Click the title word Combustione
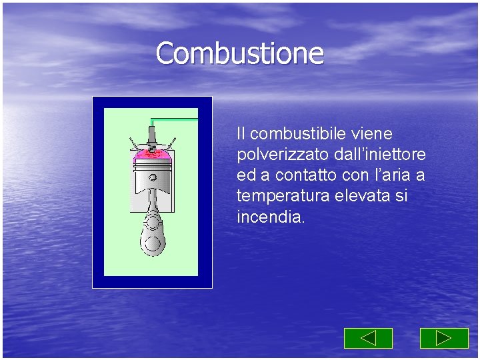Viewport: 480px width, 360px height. pyautogui.click(x=239, y=53)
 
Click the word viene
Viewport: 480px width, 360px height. pyautogui.click(x=369, y=134)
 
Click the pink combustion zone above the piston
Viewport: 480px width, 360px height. pyautogui.click(x=152, y=154)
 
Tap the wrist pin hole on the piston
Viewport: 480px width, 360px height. pyautogui.click(x=153, y=178)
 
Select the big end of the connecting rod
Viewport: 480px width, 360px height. pyautogui.click(x=152, y=241)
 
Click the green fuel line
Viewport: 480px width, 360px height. pyautogui.click(x=175, y=119)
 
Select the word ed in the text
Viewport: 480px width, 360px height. pyautogui.click(x=245, y=176)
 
